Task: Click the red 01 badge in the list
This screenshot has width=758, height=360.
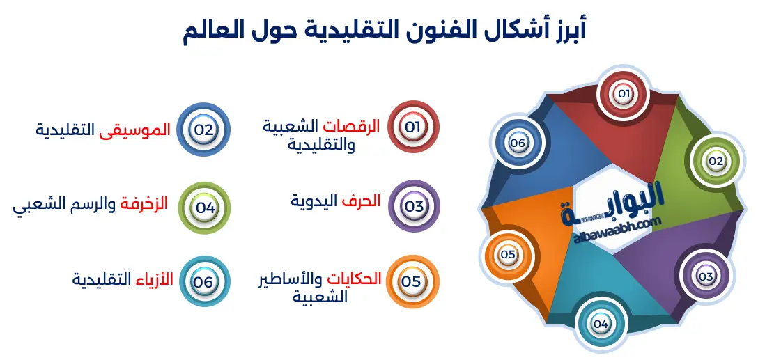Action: pos(413,127)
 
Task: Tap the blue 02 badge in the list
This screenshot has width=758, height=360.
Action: pos(203,129)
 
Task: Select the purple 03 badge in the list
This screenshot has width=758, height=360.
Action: pos(414,206)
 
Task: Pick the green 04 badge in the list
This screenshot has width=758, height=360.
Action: pos(204,207)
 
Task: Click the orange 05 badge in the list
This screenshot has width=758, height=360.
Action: pos(411,281)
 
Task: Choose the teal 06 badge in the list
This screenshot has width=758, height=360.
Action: pos(203,282)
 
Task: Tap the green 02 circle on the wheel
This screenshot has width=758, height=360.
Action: pos(716,162)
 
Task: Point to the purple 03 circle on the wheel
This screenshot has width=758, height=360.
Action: pos(705,276)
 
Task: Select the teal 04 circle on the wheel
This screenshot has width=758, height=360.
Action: pos(601,324)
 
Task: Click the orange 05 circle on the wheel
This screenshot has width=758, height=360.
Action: pos(507,255)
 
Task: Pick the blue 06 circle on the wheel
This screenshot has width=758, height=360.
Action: pos(517,143)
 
